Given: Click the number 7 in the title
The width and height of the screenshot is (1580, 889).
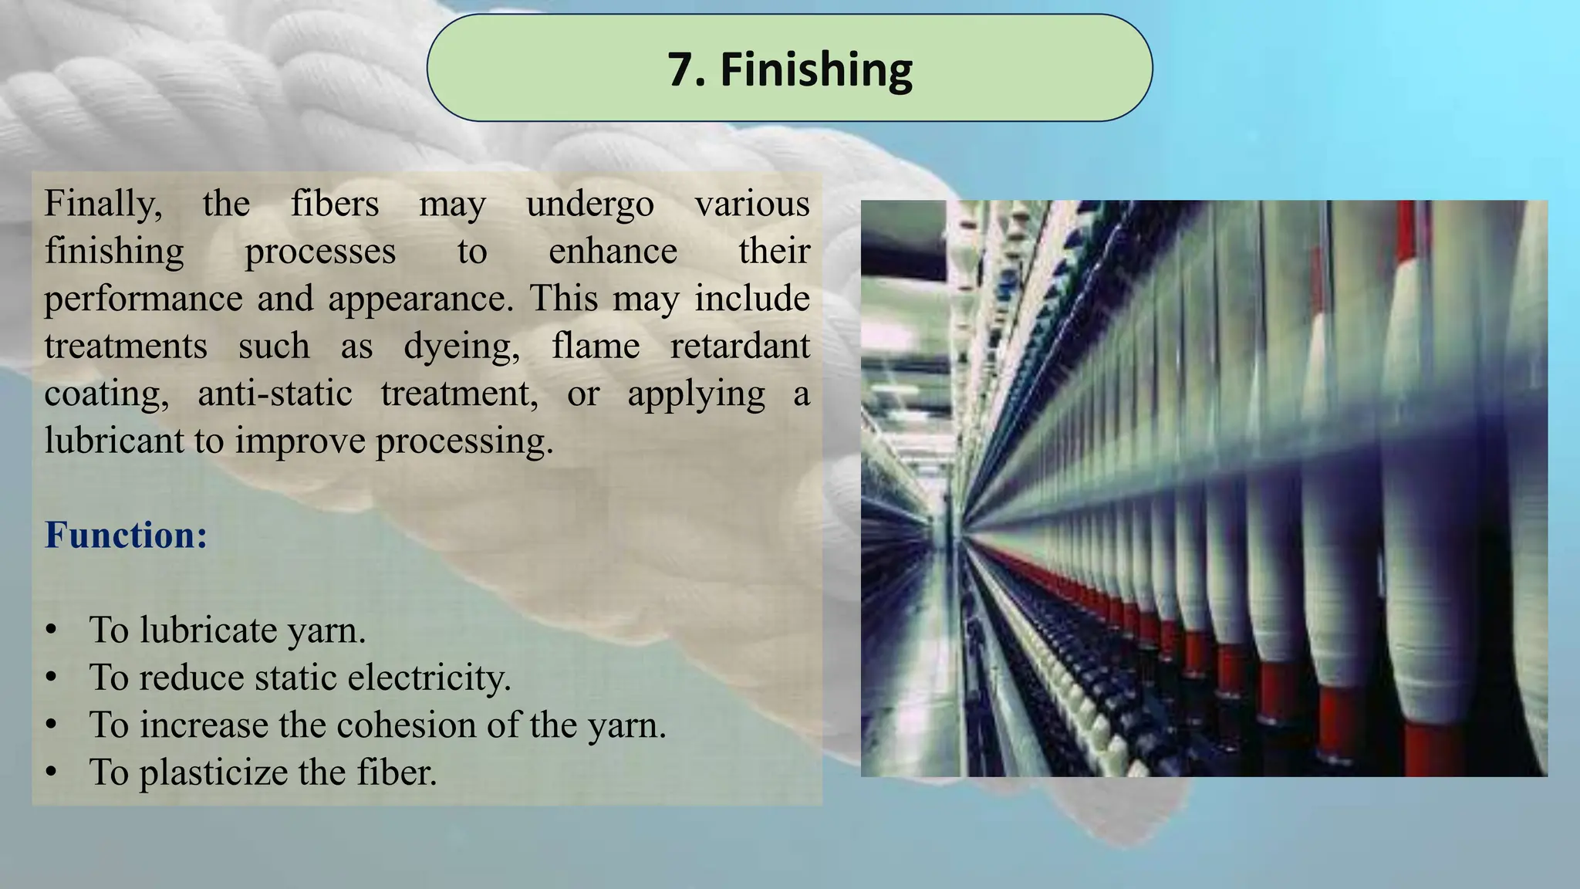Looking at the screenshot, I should [x=680, y=70].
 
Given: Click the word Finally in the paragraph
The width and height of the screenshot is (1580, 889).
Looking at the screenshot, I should [x=103, y=205].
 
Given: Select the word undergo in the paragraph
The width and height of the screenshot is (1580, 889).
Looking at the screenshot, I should [x=589, y=205].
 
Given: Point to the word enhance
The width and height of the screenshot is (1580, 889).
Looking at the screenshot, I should [x=613, y=252].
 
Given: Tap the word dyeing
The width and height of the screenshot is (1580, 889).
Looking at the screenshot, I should [x=461, y=346].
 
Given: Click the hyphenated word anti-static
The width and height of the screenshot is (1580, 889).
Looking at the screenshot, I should [x=275, y=394].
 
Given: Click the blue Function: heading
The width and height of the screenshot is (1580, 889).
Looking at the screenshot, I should [x=126, y=535].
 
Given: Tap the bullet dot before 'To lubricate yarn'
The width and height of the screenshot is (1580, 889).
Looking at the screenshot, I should [x=51, y=630].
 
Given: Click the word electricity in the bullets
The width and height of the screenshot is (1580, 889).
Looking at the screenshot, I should [x=429, y=678].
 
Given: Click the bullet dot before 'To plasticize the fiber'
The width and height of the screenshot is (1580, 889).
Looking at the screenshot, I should [x=51, y=772].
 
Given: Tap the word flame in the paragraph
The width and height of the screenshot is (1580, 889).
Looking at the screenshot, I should [x=595, y=346].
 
